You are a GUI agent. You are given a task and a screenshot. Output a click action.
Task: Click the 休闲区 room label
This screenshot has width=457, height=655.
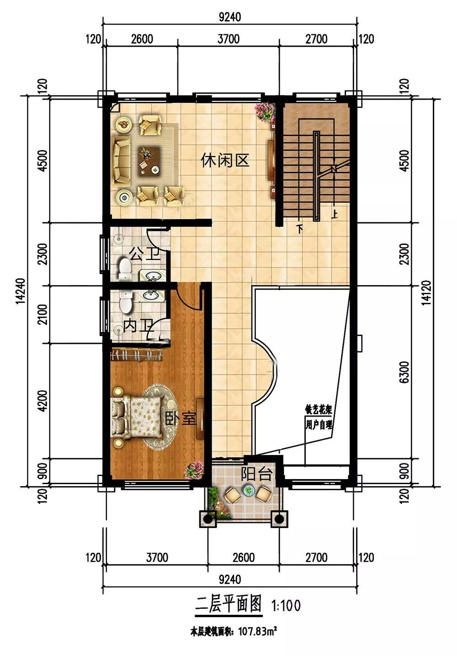(x=225, y=160)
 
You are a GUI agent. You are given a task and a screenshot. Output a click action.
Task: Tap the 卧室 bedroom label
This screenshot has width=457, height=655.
(x=180, y=418)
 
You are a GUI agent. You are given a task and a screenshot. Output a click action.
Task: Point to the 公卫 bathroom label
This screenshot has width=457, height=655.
(x=144, y=254)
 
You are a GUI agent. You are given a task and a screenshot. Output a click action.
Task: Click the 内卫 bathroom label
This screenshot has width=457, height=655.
(x=138, y=326)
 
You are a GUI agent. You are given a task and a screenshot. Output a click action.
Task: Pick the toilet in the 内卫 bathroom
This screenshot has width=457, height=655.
(x=126, y=301)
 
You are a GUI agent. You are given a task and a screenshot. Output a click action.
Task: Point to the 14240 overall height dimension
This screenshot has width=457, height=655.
(x=21, y=291)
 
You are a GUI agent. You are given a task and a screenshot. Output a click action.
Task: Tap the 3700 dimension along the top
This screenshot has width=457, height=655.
(x=228, y=39)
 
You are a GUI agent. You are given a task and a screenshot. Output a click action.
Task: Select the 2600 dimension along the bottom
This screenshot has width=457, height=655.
(x=244, y=558)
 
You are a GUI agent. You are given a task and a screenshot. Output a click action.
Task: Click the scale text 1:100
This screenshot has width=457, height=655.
(x=286, y=606)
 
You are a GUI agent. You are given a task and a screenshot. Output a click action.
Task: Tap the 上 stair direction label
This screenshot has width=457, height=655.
(x=335, y=215)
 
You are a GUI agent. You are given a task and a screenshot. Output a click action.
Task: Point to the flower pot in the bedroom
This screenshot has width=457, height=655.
(x=193, y=470)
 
